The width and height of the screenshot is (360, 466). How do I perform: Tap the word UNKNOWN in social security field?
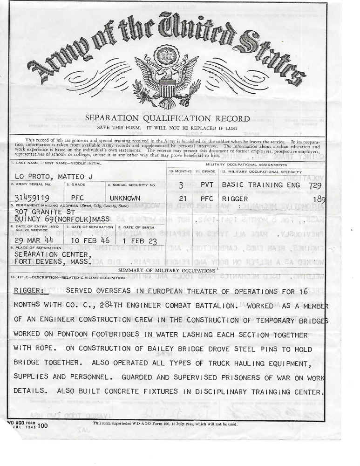(x=125, y=198)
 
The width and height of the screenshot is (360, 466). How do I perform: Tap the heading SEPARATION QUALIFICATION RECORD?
(x=167, y=119)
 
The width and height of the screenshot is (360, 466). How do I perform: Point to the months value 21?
(x=183, y=198)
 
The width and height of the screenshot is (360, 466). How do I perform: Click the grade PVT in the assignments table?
(x=207, y=185)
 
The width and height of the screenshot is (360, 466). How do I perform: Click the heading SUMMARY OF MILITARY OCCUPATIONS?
(x=167, y=270)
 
